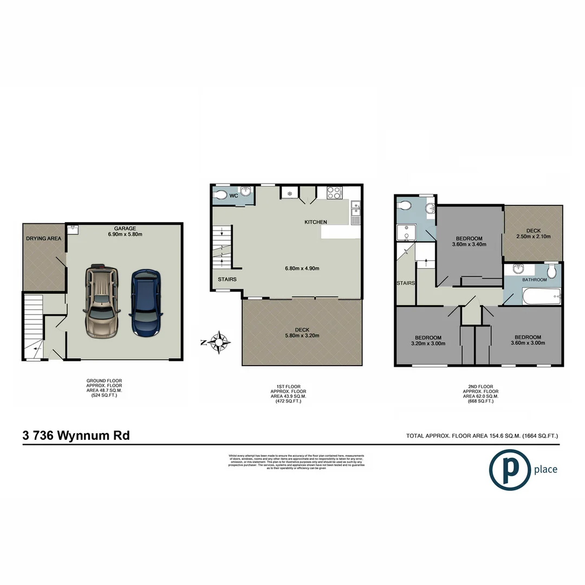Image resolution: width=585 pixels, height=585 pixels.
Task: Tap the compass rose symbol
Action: click(219, 342)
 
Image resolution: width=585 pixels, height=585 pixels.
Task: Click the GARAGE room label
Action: click(125, 229)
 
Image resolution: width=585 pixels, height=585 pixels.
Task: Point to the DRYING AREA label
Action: click(44, 238)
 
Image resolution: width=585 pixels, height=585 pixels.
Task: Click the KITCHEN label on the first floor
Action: click(316, 223)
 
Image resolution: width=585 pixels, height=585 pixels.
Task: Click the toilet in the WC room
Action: click(220, 195)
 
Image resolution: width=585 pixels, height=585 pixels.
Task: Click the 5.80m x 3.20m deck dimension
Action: click(302, 335)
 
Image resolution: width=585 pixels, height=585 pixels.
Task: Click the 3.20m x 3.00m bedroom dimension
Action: click(428, 343)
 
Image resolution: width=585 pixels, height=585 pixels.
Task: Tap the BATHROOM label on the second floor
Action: click(534, 280)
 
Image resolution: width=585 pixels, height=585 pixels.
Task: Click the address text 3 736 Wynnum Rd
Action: click(76, 435)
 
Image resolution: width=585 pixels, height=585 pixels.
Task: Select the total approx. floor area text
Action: click(482, 436)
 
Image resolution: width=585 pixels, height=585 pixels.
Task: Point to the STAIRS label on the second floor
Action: click(405, 283)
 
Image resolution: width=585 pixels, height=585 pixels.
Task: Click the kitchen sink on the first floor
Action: click(355, 212)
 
